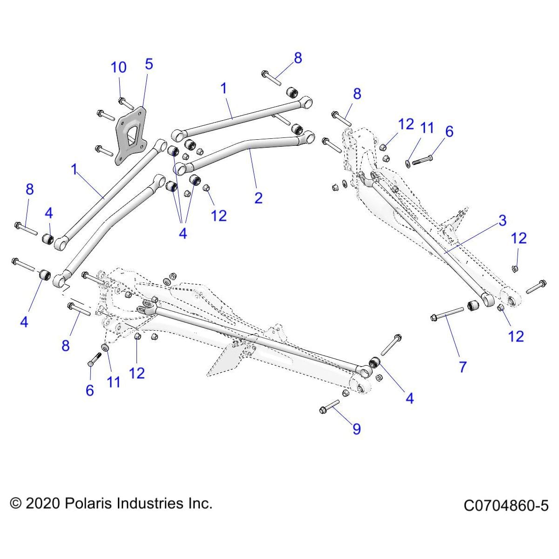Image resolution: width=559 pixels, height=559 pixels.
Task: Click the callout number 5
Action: tap(149, 64)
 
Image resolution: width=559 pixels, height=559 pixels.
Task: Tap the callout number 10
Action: tap(118, 68)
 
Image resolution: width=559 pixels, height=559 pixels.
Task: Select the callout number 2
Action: tap(259, 198)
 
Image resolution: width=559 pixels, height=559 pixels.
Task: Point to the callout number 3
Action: tap(502, 220)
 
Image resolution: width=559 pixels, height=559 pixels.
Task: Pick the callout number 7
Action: tap(463, 367)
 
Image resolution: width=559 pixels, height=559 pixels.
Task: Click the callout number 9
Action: tap(356, 429)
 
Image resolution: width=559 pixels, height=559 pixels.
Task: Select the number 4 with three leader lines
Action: tap(183, 233)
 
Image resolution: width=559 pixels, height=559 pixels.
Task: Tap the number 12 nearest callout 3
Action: tap(518, 238)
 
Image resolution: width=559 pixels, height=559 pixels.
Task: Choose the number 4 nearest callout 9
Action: tap(409, 398)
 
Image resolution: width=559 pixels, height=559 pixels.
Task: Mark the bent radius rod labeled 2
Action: tap(242, 149)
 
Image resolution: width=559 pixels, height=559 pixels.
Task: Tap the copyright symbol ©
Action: tap(16, 504)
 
